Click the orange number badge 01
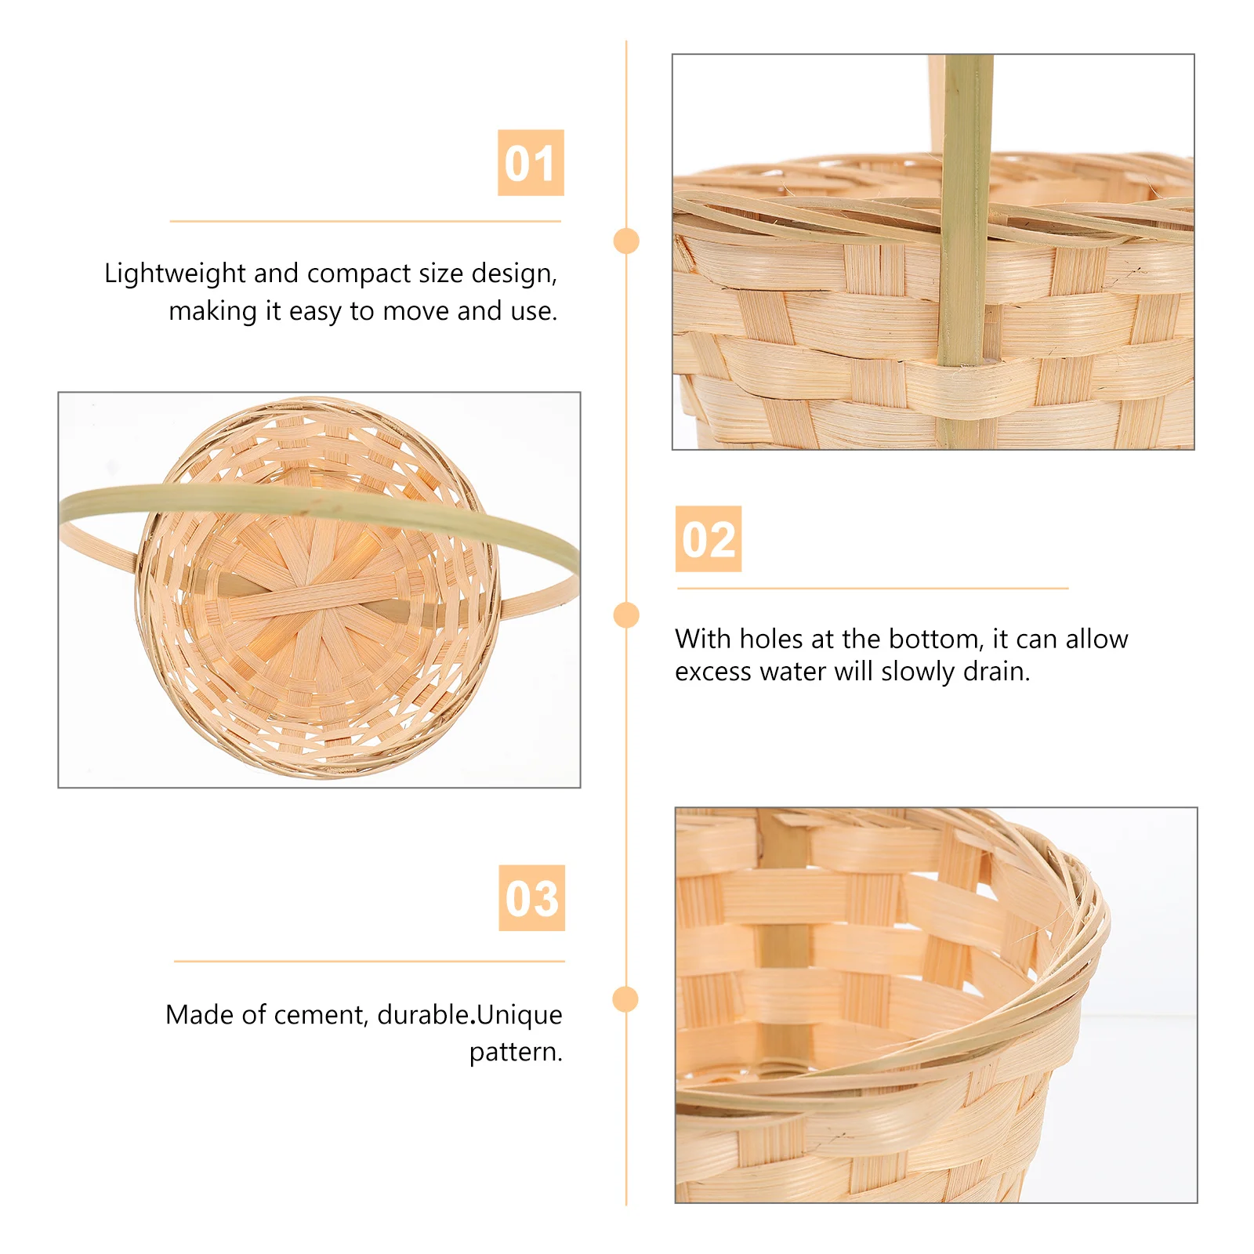coord(531,163)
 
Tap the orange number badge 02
coord(708,539)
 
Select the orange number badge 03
coord(531,898)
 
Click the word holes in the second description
coord(770,639)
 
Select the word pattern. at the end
coord(516,1052)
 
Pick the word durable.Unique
coord(469,1015)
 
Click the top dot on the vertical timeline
coord(626,241)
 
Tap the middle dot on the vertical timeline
coord(626,615)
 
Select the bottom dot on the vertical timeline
coord(625,999)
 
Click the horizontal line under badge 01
coord(365,222)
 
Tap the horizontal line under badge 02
coord(872,588)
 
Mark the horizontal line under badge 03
coord(369,961)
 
